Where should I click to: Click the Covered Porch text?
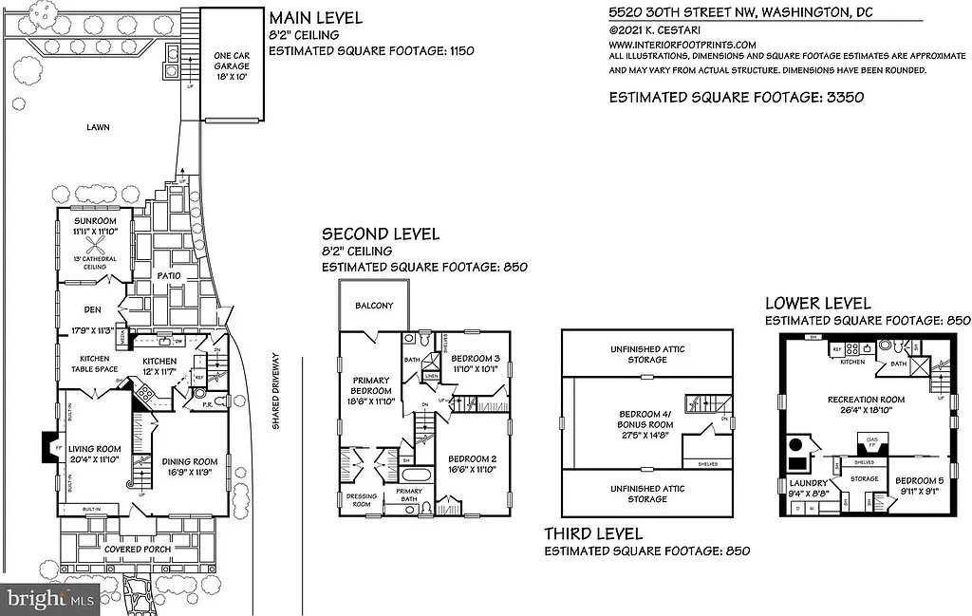coord(142,549)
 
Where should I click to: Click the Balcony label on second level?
coord(374,306)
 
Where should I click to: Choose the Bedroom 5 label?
coord(919,485)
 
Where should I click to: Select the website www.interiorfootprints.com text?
coord(682,44)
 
